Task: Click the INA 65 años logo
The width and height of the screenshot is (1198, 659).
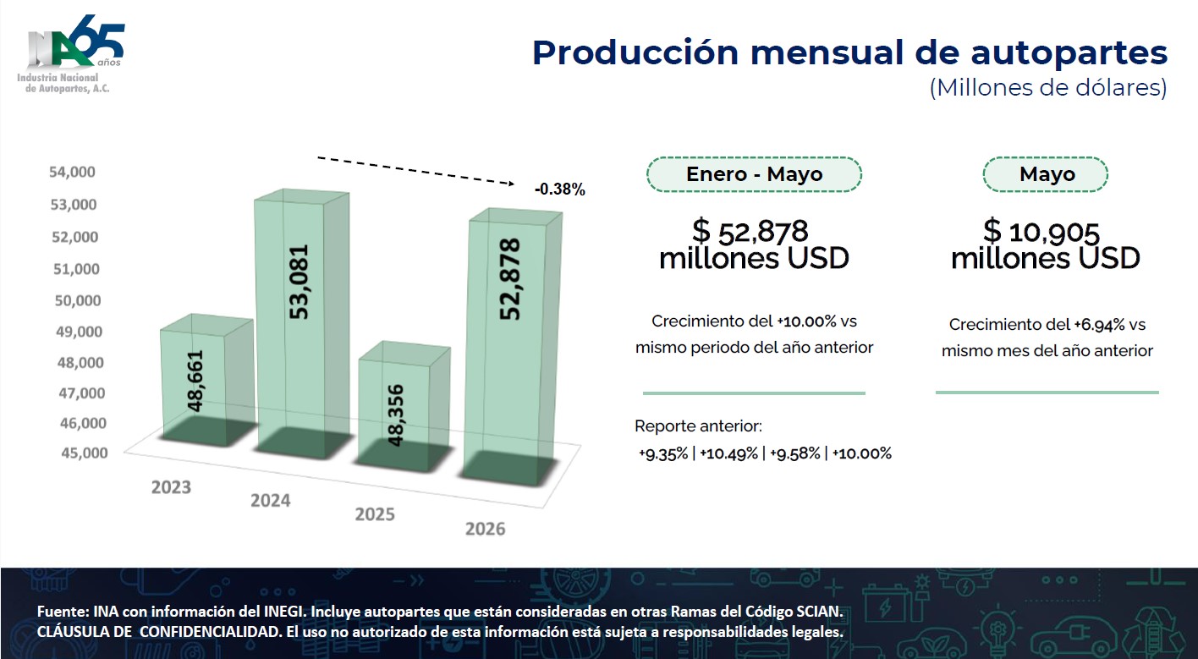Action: coord(71,54)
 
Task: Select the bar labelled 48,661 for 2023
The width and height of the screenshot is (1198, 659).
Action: coord(206,381)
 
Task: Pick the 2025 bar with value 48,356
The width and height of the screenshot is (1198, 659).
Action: coord(404,407)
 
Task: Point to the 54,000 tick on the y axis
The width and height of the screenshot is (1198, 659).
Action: coord(72,172)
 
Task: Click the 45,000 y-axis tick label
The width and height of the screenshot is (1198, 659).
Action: coord(85,453)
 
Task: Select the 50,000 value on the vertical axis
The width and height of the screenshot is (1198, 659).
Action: coord(78,300)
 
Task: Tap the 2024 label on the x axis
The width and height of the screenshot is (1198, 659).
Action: coord(271,501)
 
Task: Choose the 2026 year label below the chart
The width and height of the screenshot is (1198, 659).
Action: coord(485,529)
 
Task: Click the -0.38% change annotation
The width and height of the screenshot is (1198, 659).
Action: coord(560,189)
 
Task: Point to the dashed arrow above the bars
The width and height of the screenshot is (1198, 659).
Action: coord(416,171)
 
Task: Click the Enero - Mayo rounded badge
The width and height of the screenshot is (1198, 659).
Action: coord(754,174)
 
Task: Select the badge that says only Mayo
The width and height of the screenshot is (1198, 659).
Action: coord(1046,174)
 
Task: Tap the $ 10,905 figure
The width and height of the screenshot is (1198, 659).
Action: coord(1041,232)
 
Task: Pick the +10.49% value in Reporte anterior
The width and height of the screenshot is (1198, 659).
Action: coord(729,453)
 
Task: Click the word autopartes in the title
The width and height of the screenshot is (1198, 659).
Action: coord(1069,53)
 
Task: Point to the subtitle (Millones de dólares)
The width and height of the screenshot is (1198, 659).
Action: coord(1048,88)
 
